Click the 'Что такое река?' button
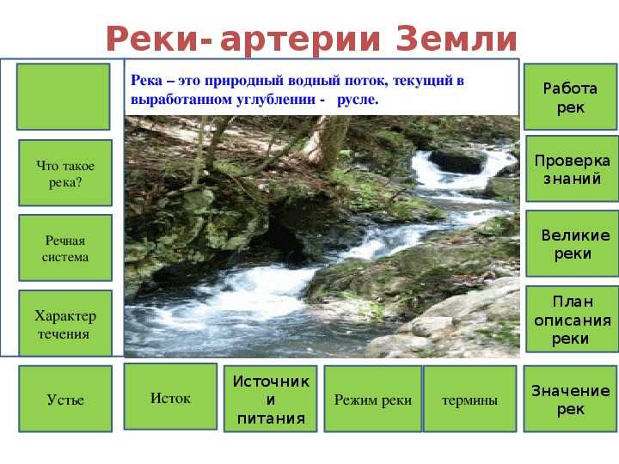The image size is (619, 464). click(65, 173)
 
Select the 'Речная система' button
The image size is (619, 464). click(65, 247)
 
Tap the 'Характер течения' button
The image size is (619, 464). click(65, 324)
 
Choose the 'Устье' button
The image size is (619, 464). click(65, 399)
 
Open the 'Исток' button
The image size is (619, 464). click(170, 396)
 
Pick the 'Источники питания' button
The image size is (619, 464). click(271, 399)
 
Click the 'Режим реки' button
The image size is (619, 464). click(373, 399)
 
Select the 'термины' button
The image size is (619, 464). click(469, 399)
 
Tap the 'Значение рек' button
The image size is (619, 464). click(570, 399)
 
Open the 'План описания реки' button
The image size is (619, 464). click(572, 319)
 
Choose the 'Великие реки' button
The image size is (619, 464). click(572, 243)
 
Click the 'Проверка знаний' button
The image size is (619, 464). click(572, 169)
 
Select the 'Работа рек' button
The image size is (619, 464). click(571, 96)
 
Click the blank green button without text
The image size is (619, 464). click(63, 96)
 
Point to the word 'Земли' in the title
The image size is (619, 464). click(457, 39)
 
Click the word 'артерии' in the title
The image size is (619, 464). click(300, 40)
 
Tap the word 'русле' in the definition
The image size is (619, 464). click(358, 100)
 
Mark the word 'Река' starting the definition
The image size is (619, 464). click(146, 80)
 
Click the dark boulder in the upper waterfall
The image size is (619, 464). click(457, 161)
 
